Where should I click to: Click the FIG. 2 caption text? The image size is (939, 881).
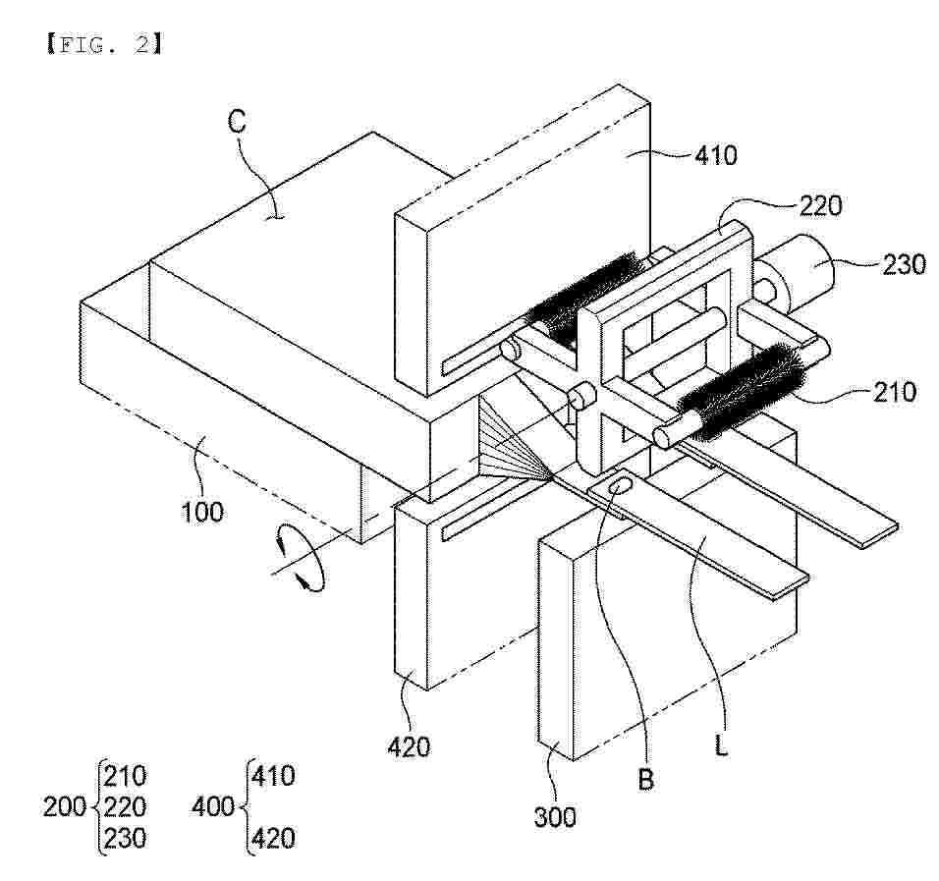tap(103, 44)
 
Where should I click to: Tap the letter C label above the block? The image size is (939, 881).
tap(237, 122)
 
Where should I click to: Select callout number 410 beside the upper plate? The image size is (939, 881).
tap(716, 156)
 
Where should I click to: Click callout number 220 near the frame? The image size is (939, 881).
tap(820, 206)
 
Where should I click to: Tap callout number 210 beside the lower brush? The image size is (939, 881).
tap(895, 392)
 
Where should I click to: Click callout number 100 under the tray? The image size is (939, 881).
tap(202, 512)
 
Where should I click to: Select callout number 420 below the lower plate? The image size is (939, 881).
tap(409, 746)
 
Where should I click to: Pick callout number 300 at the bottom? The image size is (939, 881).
tap(555, 817)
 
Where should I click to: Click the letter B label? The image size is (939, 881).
tap(645, 779)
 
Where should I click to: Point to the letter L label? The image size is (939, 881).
tap(721, 746)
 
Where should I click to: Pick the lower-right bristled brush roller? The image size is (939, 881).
tap(744, 393)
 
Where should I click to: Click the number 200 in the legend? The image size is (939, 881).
tap(65, 806)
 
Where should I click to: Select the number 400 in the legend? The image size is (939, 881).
tap(212, 806)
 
